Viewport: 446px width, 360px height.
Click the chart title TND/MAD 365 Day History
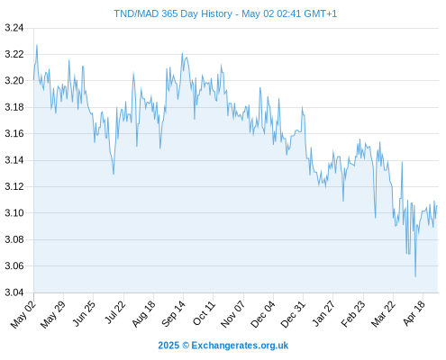point(173,13)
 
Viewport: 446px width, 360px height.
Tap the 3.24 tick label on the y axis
point(14,28)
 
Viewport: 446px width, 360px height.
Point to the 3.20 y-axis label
point(14,81)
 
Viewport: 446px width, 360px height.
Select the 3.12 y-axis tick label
point(14,186)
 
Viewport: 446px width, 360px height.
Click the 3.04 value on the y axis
point(14,292)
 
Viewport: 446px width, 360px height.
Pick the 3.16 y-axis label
point(14,133)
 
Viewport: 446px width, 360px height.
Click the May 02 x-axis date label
point(23,314)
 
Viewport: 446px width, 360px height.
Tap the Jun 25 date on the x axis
point(84,313)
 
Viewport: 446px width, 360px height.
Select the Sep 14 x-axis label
point(173,313)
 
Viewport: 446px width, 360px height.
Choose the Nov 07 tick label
point(233,314)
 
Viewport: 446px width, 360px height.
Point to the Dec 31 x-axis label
point(293,314)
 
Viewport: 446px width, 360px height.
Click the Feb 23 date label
point(353,314)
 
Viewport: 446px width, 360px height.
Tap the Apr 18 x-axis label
point(414,313)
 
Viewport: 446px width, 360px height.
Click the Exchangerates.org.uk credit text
point(240,346)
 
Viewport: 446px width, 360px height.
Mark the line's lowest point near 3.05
point(415,276)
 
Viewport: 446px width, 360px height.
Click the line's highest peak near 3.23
point(37,45)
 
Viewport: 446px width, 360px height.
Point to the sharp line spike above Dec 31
point(303,107)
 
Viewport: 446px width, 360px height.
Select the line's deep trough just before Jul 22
point(114,174)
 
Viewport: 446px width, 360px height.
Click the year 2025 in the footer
point(168,346)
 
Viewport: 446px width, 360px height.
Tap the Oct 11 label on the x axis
point(204,313)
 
